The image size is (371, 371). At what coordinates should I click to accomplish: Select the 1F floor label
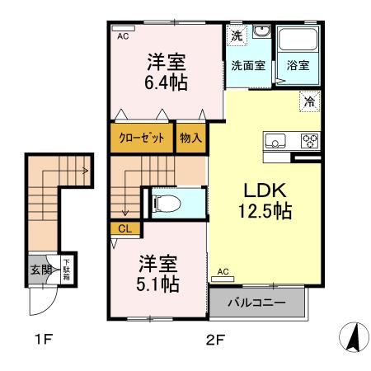(x=44, y=337)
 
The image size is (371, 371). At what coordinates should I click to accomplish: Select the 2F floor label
(x=214, y=337)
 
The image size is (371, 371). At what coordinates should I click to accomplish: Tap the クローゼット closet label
(x=142, y=138)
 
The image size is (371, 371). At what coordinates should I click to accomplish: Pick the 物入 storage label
(x=190, y=138)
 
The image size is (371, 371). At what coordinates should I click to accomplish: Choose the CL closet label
(x=125, y=228)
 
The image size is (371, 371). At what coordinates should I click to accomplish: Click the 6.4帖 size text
(x=166, y=82)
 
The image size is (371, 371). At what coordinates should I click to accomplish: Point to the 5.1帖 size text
(x=157, y=284)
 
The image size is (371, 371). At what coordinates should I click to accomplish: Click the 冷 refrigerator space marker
(x=309, y=102)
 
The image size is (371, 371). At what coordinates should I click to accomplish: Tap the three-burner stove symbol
(x=309, y=139)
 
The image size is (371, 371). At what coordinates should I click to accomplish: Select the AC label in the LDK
(x=223, y=271)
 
